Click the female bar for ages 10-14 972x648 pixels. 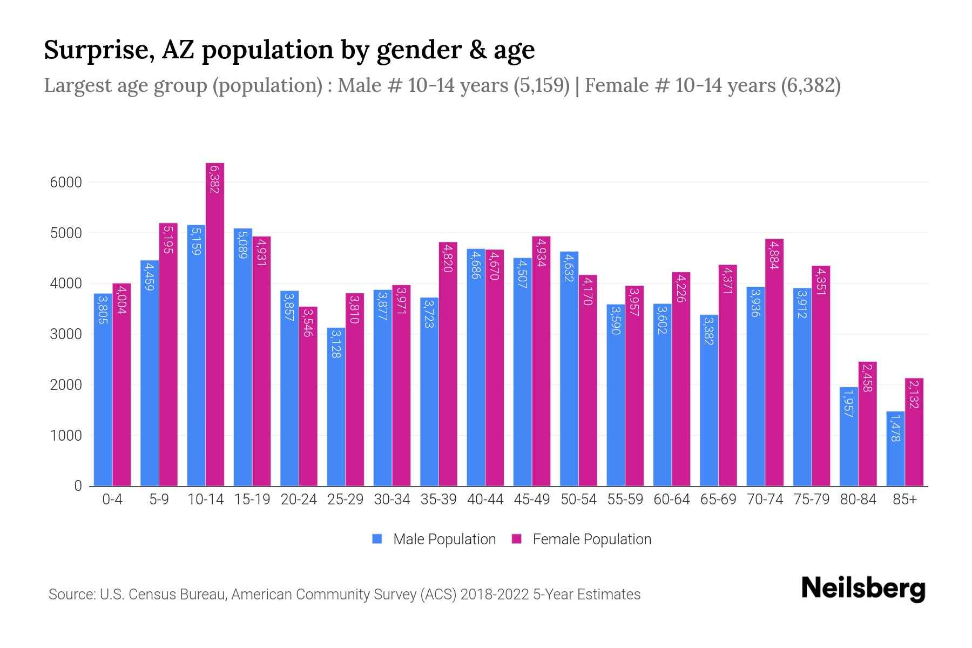point(215,324)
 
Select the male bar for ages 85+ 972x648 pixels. point(895,448)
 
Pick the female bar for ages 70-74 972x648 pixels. point(774,362)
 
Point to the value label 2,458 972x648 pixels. point(867,378)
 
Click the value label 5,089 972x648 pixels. point(242,245)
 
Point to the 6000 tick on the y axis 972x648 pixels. point(66,183)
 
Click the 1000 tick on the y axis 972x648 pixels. point(66,436)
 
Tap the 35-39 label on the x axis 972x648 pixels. point(438,500)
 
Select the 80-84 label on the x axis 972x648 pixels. point(858,500)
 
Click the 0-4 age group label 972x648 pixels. point(112,500)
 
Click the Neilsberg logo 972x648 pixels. point(863,589)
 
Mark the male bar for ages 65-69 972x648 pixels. point(709,400)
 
